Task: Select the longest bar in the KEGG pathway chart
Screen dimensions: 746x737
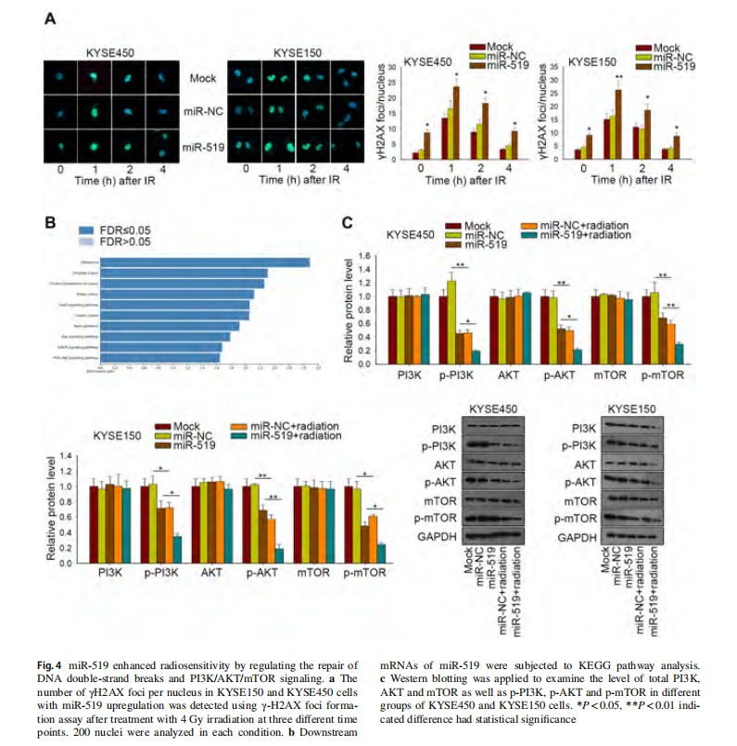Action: click(x=205, y=262)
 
